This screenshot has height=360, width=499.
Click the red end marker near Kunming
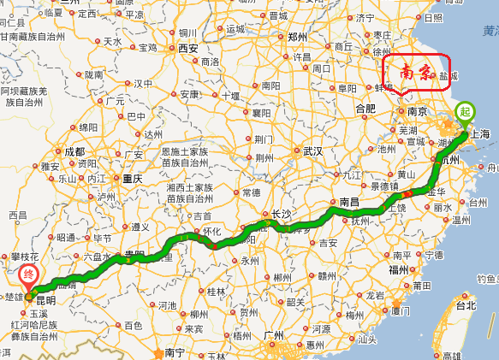click(x=28, y=275)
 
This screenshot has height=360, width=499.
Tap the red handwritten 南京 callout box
click(x=416, y=74)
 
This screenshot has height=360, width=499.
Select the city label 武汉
click(x=314, y=151)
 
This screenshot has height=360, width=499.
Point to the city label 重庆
click(x=132, y=179)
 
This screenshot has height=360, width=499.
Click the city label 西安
click(x=187, y=49)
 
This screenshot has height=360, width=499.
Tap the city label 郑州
click(x=298, y=37)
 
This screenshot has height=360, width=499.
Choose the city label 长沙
click(x=281, y=214)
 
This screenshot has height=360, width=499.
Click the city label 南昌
click(x=349, y=202)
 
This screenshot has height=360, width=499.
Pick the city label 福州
click(x=399, y=269)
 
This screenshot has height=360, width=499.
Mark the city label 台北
click(x=465, y=305)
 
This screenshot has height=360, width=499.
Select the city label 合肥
click(x=365, y=109)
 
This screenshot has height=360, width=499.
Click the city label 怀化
click(x=210, y=231)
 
